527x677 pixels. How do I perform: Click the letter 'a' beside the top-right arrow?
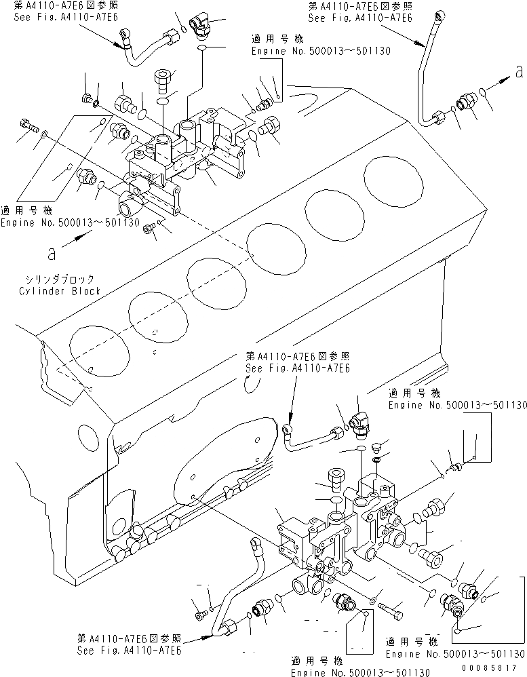pos(519,70)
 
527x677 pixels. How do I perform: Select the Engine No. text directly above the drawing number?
pos(455,654)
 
